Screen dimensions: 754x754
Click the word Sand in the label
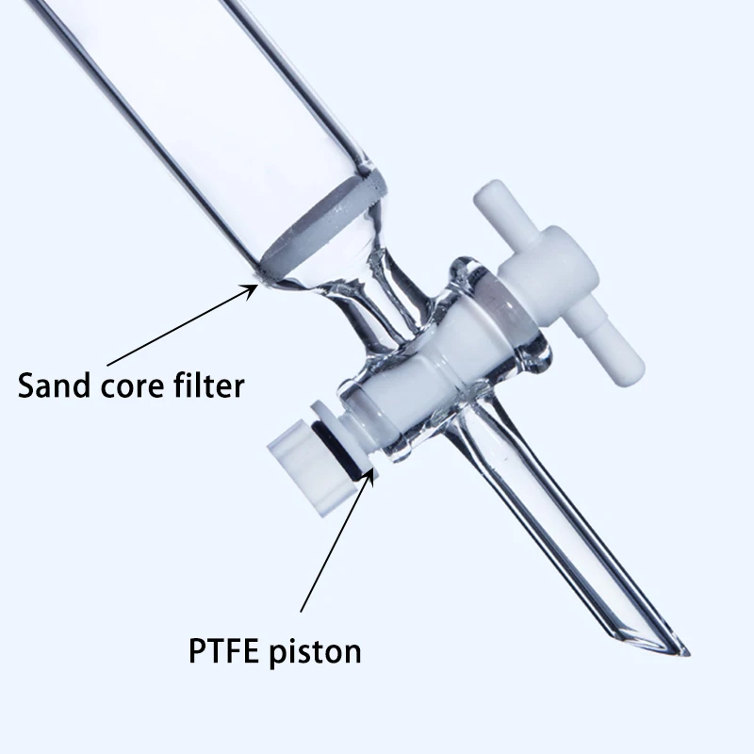click(56, 385)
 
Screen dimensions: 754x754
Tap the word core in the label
click(136, 385)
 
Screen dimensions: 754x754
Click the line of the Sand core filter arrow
click(179, 326)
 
